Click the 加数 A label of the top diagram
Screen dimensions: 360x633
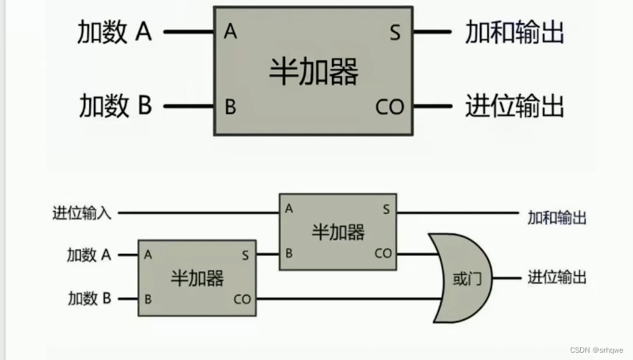(x=114, y=32)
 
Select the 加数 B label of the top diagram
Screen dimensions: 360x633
(x=115, y=106)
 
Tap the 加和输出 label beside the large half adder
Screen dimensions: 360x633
(x=515, y=32)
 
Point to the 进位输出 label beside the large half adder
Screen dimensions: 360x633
(x=515, y=106)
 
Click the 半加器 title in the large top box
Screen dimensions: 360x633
(x=313, y=71)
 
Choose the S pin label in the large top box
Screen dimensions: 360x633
(x=395, y=32)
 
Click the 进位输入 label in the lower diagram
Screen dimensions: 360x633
(x=82, y=213)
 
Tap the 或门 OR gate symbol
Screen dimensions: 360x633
(x=462, y=279)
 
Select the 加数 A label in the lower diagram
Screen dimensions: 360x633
(x=89, y=255)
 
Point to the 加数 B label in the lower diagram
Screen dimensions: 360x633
(x=89, y=299)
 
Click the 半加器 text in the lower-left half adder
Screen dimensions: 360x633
(x=196, y=278)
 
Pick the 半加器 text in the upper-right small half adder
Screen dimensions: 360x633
(x=337, y=232)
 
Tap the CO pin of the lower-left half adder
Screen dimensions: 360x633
(x=242, y=300)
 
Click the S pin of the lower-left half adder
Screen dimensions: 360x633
(x=245, y=255)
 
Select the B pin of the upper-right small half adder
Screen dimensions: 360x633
(x=288, y=253)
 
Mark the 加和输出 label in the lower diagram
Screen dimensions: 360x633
(x=556, y=217)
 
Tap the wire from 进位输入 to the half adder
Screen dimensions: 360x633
(x=198, y=213)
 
